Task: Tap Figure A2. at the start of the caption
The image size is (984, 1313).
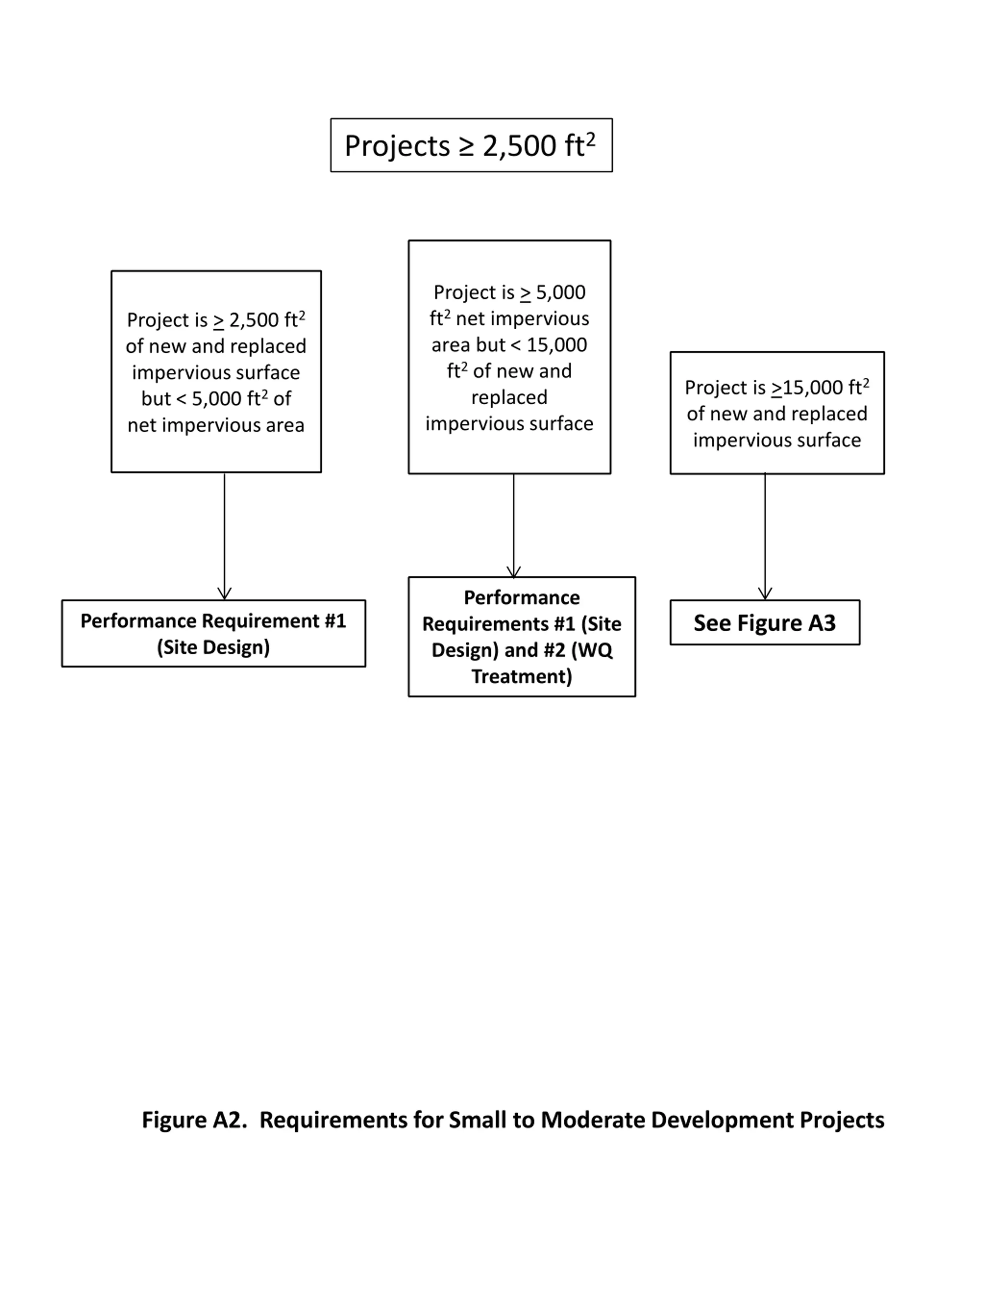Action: [194, 1119]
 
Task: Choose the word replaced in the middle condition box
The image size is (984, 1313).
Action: [509, 397]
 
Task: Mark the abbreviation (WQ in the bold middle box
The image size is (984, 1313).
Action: [591, 650]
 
